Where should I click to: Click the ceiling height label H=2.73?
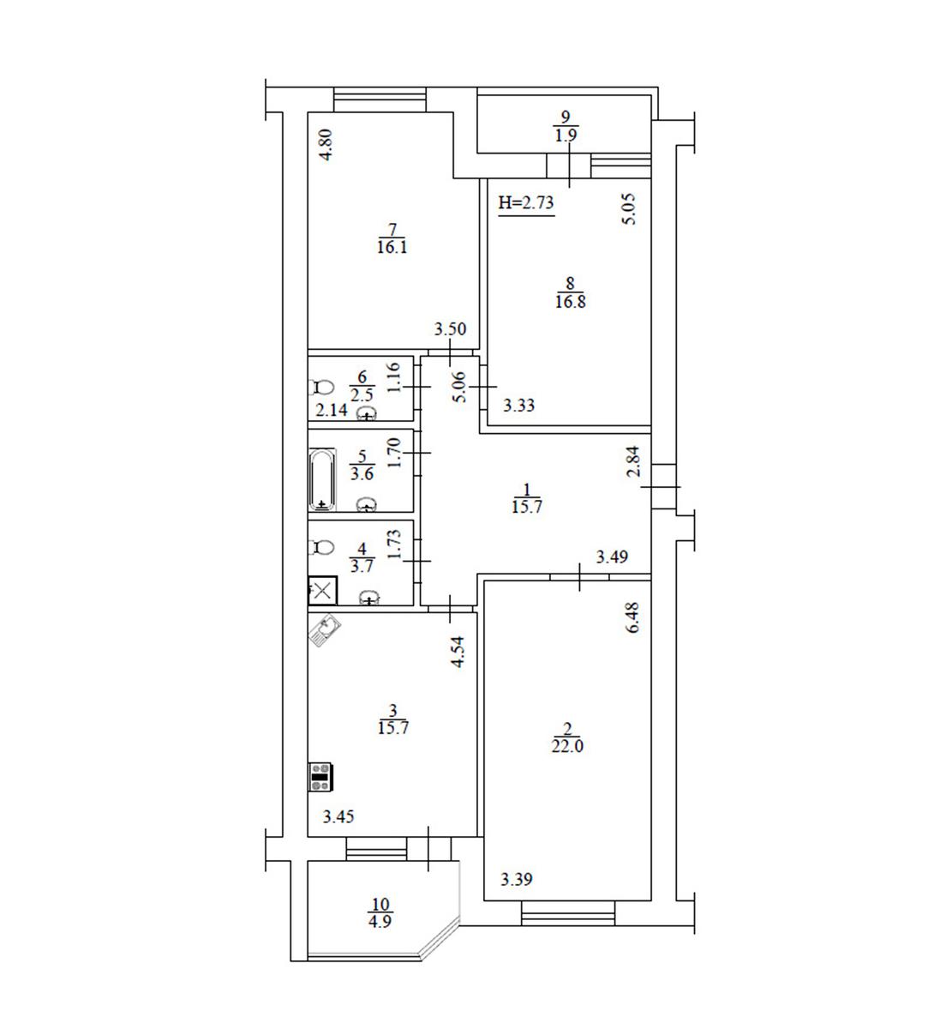[x=526, y=203]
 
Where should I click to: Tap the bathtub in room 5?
[x=322, y=479]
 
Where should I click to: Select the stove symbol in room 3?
[x=321, y=777]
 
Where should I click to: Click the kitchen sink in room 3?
[x=325, y=630]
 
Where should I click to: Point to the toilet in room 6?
[x=321, y=388]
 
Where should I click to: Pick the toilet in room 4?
[x=321, y=547]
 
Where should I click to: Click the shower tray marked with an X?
[x=322, y=591]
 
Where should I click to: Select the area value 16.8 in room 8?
[x=570, y=301]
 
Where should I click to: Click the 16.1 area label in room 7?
[x=392, y=247]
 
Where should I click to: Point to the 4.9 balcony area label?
[x=380, y=921]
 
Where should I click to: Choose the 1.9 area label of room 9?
[x=566, y=135]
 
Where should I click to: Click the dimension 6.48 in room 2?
[x=633, y=617]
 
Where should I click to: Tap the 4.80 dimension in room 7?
[x=326, y=145]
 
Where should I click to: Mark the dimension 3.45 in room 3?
[x=338, y=816]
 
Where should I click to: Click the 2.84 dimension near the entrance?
[x=634, y=461]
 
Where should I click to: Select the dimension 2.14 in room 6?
[x=331, y=410]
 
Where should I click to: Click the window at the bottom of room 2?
[x=567, y=913]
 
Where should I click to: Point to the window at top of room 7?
[x=380, y=99]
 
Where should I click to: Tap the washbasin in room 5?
[x=367, y=505]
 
